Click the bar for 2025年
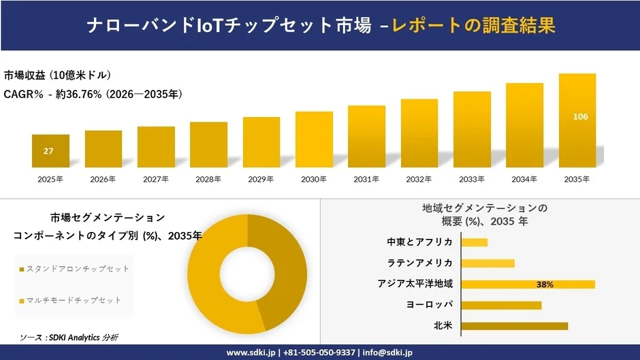click(50, 151)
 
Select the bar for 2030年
click(314, 140)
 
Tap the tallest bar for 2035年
click(577, 120)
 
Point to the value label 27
click(48, 151)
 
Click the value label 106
click(580, 117)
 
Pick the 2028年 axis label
click(208, 180)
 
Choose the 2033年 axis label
click(472, 180)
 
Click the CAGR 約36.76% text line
click(93, 94)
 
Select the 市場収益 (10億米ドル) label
click(57, 75)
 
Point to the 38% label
click(545, 284)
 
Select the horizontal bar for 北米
click(514, 326)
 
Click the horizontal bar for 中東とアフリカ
click(474, 242)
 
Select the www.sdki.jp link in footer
click(250, 353)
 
